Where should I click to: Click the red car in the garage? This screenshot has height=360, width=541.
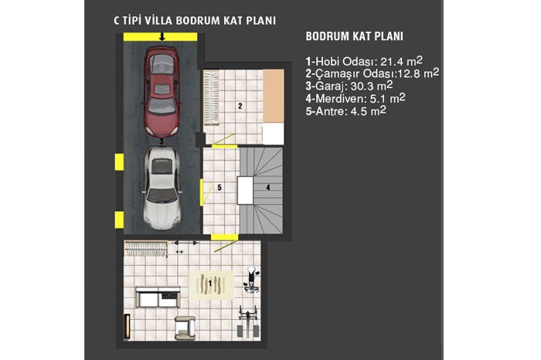162,91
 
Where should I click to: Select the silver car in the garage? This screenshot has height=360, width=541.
162,188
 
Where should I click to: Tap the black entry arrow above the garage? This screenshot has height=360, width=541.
162,36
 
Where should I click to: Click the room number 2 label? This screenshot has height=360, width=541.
240,106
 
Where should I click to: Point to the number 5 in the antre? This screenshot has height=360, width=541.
219,188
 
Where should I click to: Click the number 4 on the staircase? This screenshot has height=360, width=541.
267,188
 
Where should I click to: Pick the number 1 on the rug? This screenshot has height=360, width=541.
209,284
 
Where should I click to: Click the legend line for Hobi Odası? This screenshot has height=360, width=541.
364,61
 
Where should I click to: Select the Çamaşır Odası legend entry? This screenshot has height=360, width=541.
373,73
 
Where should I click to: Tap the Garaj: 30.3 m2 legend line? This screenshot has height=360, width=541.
349,86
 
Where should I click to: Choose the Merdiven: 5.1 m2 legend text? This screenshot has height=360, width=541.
356,99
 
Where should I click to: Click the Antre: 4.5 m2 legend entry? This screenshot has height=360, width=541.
345,111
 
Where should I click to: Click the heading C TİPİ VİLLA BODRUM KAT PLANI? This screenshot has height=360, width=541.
195,20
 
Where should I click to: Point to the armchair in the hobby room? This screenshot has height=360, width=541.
185,328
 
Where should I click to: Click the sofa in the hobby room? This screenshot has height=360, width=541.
158,297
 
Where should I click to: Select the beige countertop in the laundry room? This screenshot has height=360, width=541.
274,96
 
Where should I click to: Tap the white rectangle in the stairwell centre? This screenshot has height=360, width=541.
245,190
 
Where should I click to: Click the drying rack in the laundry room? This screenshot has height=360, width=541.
211,97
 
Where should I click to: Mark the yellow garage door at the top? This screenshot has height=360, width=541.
161,37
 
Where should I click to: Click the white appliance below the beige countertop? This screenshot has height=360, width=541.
274,134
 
